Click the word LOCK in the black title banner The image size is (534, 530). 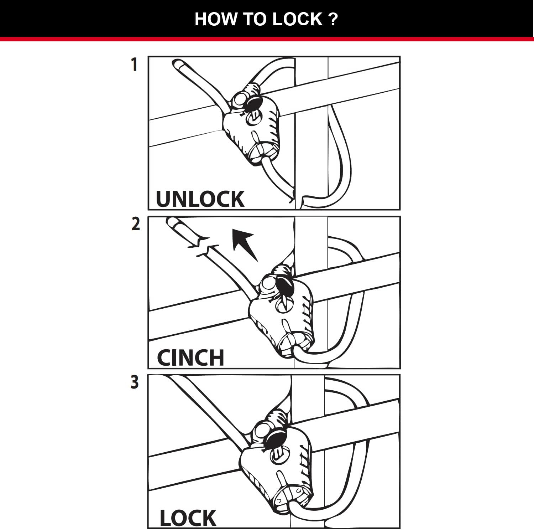click(x=297, y=19)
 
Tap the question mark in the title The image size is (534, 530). click(x=333, y=19)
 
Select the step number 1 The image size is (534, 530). click(x=134, y=65)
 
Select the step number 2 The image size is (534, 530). click(x=136, y=225)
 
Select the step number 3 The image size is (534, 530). click(x=135, y=382)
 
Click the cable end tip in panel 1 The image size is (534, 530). click(x=177, y=65)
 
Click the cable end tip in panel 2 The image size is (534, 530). click(x=171, y=223)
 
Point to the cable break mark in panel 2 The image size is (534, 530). click(x=202, y=246)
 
